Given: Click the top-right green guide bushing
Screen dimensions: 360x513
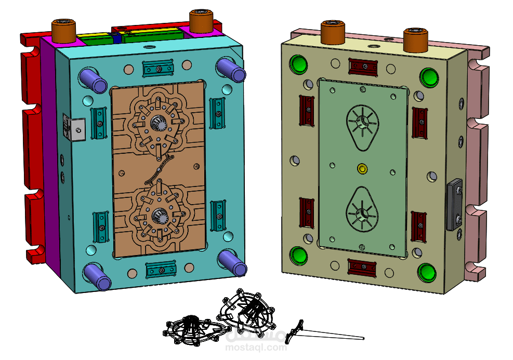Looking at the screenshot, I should tap(429, 76).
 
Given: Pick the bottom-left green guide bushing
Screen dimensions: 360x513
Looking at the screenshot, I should tap(299, 256).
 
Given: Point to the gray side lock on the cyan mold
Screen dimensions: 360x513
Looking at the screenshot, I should tap(77, 128).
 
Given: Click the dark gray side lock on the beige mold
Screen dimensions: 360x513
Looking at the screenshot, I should tap(454, 204).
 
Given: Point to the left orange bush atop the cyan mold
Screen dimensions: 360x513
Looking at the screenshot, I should tap(63, 31).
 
